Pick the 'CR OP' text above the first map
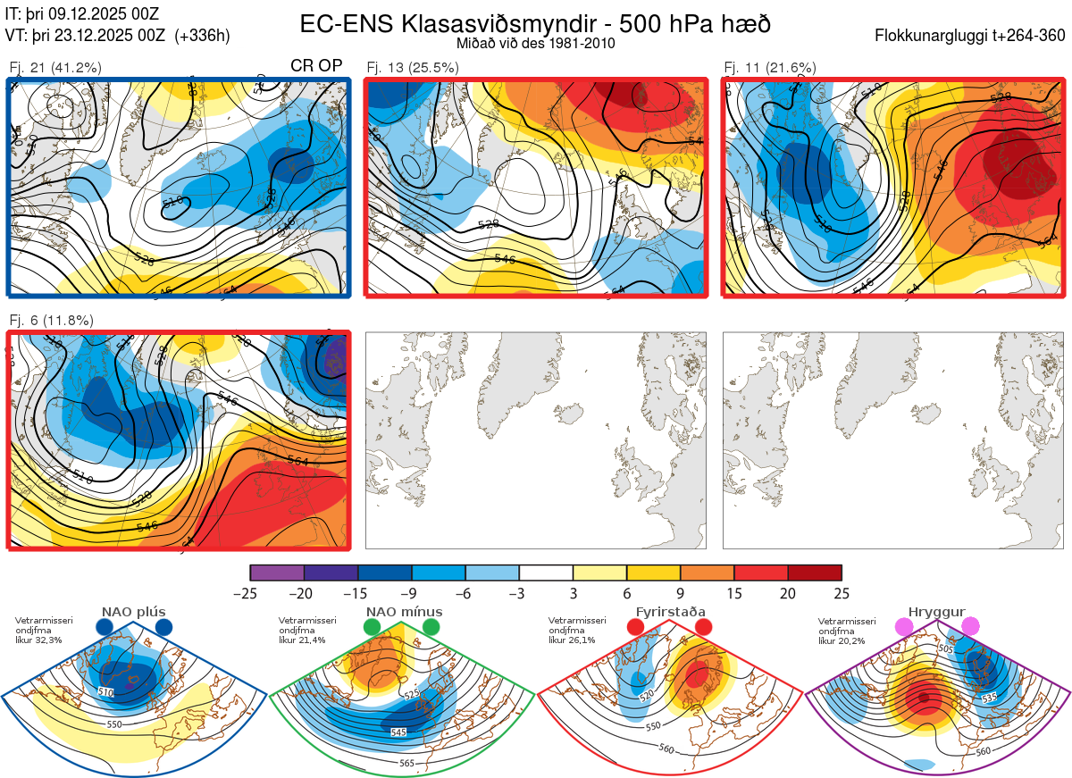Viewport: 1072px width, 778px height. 317,65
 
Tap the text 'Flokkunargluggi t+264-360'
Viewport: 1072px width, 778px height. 973,36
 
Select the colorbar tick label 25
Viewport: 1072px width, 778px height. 841,593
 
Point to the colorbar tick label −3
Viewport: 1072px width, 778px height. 519,593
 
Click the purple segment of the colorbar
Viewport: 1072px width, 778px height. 277,573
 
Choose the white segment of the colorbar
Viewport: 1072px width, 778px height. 546,573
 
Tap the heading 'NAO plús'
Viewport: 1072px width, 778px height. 134,613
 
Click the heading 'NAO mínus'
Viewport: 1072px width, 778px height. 404,613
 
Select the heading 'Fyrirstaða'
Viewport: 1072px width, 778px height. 669,613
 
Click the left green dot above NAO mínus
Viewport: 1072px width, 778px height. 372,628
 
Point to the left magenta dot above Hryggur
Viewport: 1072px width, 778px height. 904,628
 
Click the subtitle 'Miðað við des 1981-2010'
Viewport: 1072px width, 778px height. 535,43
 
